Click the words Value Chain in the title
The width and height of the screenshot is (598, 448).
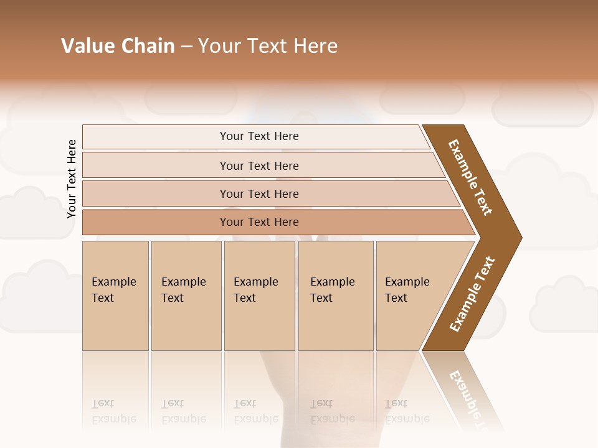pos(118,46)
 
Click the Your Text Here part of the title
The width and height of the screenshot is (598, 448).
pos(268,46)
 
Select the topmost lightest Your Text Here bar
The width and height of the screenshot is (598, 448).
pos(259,136)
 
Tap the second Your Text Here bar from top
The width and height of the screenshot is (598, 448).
pos(259,166)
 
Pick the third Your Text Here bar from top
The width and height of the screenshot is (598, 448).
pos(259,194)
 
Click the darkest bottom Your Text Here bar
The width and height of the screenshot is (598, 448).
pos(259,222)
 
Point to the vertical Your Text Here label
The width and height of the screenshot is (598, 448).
pos(72,179)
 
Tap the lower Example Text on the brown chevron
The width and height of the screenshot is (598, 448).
pos(472,294)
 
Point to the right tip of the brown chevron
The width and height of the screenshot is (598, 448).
pos(520,237)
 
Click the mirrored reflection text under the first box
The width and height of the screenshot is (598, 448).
pos(113,412)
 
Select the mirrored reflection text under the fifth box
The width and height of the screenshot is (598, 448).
pos(407,412)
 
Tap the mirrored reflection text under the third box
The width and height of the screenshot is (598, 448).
pos(255,412)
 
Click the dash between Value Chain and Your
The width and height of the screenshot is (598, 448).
pos(186,47)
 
